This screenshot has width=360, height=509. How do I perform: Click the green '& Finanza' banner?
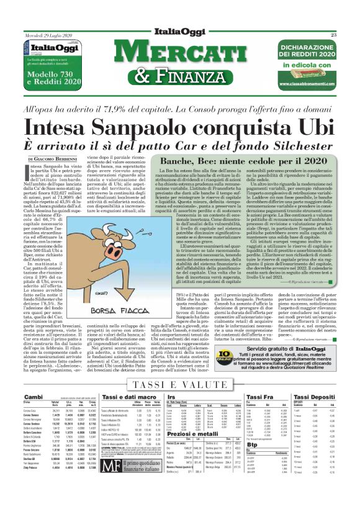181,76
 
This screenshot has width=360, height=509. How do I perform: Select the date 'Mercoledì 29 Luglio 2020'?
42,35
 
